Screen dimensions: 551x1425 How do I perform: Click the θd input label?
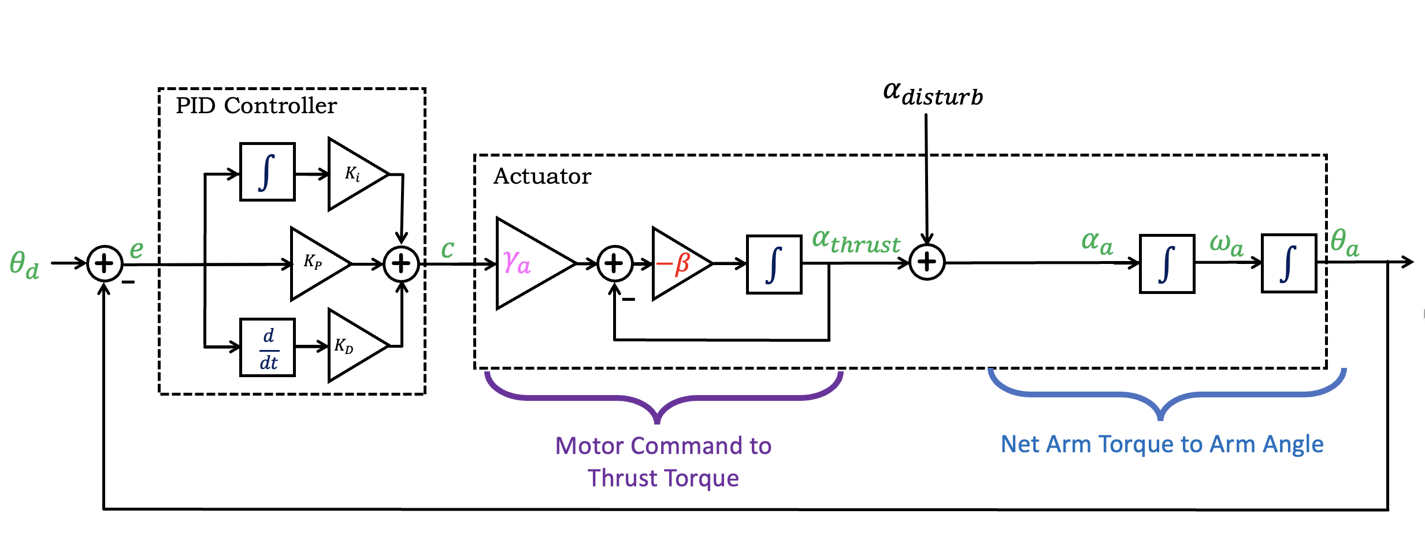pyautogui.click(x=24, y=265)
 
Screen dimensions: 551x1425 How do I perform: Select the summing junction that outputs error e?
pyautogui.click(x=105, y=263)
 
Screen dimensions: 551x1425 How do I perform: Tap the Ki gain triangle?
pyautogui.click(x=354, y=174)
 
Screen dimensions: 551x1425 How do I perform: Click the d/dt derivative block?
pyautogui.click(x=268, y=348)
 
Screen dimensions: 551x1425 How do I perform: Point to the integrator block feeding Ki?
pyautogui.click(x=268, y=172)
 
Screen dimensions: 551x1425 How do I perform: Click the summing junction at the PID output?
pyautogui.click(x=401, y=263)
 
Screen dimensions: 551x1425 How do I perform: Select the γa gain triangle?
pyautogui.click(x=529, y=263)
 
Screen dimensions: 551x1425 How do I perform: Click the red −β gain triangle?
pyautogui.click(x=677, y=263)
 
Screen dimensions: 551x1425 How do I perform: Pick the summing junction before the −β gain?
pyautogui.click(x=614, y=263)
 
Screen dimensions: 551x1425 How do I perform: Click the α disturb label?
pyautogui.click(x=933, y=94)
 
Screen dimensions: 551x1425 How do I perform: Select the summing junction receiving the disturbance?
pyautogui.click(x=927, y=262)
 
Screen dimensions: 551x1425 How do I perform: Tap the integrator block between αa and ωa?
pyautogui.click(x=1167, y=263)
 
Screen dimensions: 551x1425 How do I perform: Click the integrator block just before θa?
pyautogui.click(x=1289, y=263)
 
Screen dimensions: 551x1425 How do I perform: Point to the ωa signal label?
pyautogui.click(x=1226, y=244)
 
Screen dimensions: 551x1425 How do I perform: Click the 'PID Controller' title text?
pyautogui.click(x=256, y=106)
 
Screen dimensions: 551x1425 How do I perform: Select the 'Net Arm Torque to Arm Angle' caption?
pyautogui.click(x=1161, y=444)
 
